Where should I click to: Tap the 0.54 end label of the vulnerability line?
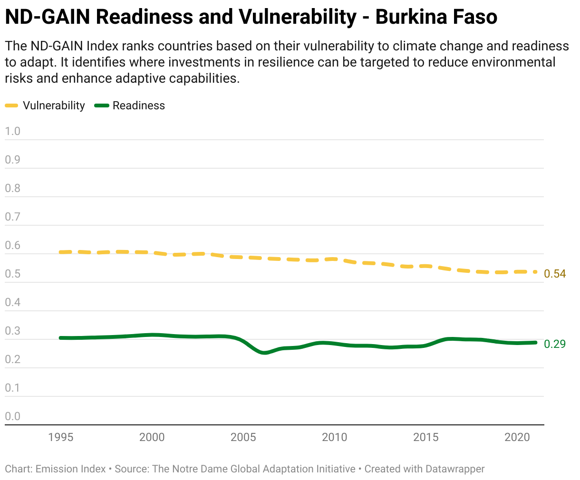point(555,274)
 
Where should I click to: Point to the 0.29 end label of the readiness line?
point(555,344)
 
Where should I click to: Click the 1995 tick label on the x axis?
point(60,437)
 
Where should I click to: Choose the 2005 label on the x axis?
point(243,437)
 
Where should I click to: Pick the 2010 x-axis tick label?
point(334,437)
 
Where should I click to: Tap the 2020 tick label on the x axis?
point(517,437)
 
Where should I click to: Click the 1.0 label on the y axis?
point(12,131)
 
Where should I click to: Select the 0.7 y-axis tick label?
point(12,217)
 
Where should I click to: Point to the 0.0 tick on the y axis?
point(12,416)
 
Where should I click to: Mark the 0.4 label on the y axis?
point(12,302)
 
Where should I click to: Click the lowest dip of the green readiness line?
point(264,353)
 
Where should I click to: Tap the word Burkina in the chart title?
point(411,17)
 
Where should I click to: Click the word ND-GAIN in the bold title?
point(48,17)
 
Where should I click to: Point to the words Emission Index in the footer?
point(70,469)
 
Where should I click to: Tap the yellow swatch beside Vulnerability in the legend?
point(11,106)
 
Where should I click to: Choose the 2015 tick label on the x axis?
point(426,437)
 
